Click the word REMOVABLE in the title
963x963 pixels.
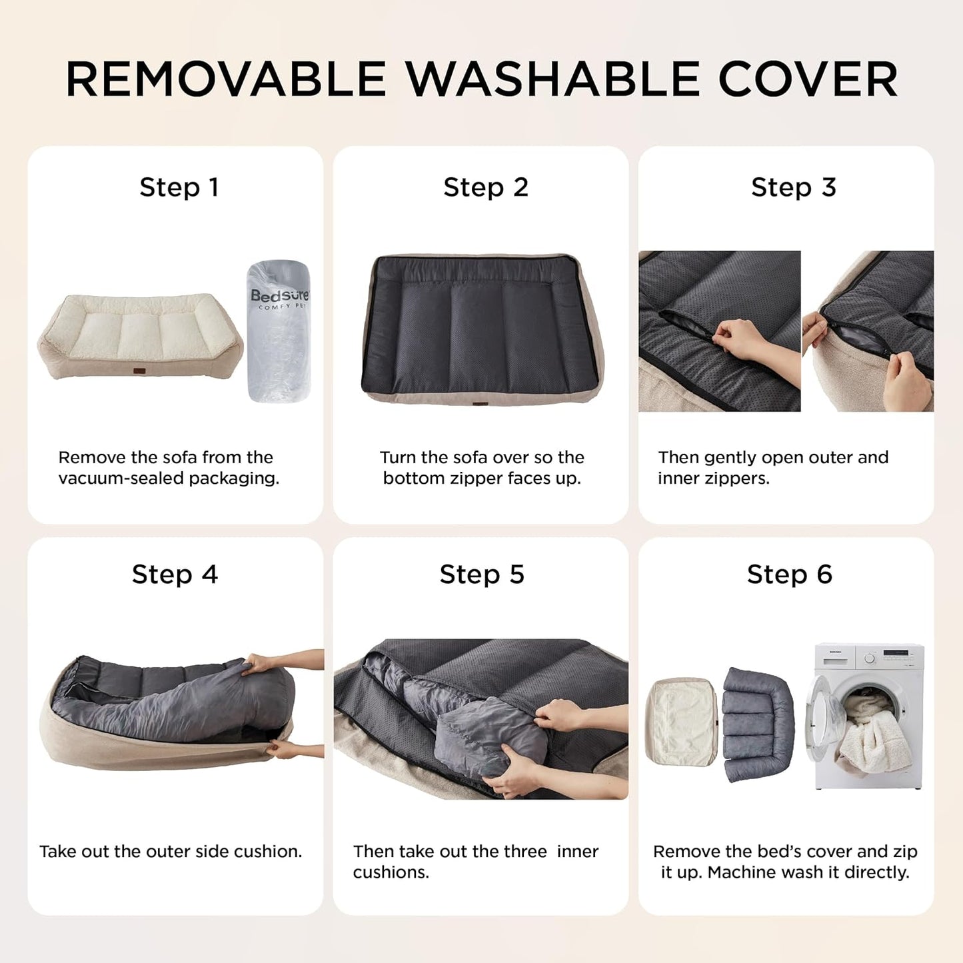point(226,80)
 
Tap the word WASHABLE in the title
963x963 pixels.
point(553,80)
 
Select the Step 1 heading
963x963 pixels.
point(179,187)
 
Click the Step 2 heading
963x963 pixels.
point(486,187)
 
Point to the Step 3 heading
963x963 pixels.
point(793,187)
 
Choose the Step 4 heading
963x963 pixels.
point(175,574)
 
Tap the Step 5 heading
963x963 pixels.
point(482,574)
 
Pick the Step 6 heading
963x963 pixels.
point(789,574)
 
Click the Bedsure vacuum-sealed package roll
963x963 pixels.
point(279,331)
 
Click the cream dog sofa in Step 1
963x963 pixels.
point(140,337)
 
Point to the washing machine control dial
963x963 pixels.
point(870,658)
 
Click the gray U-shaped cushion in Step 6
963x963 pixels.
point(758,723)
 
